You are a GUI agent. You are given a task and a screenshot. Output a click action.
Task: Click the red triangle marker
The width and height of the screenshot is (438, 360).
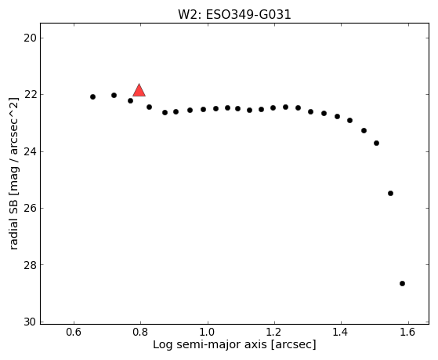pyautogui.click(x=139, y=90)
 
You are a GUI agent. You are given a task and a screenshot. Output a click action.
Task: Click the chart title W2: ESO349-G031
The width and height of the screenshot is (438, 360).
pyautogui.click(x=234, y=15)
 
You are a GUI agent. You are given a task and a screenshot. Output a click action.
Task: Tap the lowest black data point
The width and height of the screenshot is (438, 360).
pyautogui.click(x=402, y=284)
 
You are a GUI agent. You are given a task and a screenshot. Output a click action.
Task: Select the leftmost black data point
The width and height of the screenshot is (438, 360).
pyautogui.click(x=92, y=96)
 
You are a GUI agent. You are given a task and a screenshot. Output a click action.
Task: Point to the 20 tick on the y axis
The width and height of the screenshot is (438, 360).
pyautogui.click(x=31, y=38)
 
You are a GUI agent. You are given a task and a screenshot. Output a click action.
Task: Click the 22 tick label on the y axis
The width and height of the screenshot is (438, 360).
pyautogui.click(x=31, y=95)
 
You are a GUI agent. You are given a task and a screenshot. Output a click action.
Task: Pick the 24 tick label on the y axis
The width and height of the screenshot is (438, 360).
pyautogui.click(x=31, y=151)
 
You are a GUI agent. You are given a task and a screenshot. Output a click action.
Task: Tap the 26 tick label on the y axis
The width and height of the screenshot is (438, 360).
pyautogui.click(x=31, y=208)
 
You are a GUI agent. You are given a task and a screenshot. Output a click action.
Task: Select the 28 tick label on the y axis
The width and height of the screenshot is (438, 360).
pyautogui.click(x=31, y=265)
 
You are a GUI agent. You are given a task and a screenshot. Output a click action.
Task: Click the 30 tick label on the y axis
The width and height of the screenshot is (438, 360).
pyautogui.click(x=31, y=322)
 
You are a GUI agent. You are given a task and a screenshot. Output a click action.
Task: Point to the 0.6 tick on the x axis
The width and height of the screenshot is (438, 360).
pyautogui.click(x=74, y=332)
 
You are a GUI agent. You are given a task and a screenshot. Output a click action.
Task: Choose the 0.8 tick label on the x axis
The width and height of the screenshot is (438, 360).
pyautogui.click(x=140, y=332)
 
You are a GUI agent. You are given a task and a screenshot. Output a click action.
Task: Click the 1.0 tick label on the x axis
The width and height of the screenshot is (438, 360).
pyautogui.click(x=208, y=332)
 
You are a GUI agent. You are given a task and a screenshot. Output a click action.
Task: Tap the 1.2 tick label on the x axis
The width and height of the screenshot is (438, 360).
pyautogui.click(x=274, y=332)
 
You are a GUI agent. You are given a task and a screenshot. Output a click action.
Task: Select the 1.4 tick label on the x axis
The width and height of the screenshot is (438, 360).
pyautogui.click(x=341, y=332)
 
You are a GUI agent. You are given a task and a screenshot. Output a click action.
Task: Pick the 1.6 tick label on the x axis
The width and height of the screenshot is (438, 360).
pyautogui.click(x=408, y=332)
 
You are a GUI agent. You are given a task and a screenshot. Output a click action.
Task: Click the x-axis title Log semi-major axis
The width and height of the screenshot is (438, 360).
pyautogui.click(x=210, y=345)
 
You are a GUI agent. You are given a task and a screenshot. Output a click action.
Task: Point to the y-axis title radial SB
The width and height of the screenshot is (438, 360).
pyautogui.click(x=13, y=223)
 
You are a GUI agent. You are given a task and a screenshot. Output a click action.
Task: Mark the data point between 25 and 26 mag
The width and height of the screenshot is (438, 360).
pyautogui.click(x=390, y=193)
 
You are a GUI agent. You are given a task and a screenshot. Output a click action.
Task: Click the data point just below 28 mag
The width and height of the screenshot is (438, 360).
pyautogui.click(x=402, y=284)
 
